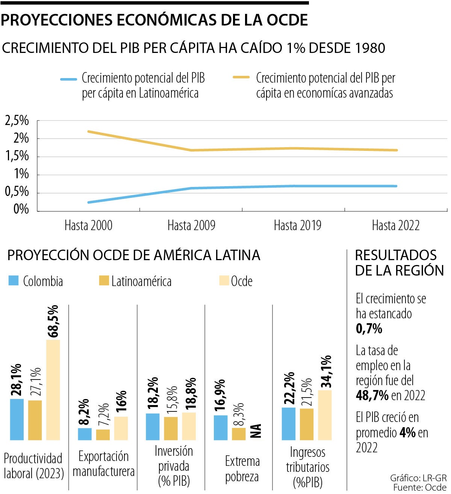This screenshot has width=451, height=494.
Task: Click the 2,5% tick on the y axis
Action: [17, 121]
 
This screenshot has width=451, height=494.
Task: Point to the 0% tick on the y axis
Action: [21, 209]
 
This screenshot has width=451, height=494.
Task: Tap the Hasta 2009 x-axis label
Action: [191, 226]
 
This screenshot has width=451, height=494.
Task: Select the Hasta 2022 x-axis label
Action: [395, 226]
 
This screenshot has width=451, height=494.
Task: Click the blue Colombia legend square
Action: [14, 280]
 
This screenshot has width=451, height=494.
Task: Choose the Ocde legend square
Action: [224, 280]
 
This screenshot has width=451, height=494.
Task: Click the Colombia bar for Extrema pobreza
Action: [221, 428]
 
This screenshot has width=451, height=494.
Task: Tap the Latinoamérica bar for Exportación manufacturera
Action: [103, 435]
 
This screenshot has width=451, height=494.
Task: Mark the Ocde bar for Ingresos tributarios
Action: [325, 415]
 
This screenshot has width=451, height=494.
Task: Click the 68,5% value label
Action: [53, 321]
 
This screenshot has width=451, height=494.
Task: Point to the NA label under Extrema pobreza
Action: [256, 431]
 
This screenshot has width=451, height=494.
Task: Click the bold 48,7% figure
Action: [372, 395]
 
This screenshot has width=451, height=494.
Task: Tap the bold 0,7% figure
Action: [369, 328]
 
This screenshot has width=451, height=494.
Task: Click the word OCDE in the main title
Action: [287, 20]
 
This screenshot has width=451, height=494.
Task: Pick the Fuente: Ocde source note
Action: [420, 488]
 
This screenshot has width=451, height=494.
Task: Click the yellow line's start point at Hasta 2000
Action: [89, 131]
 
